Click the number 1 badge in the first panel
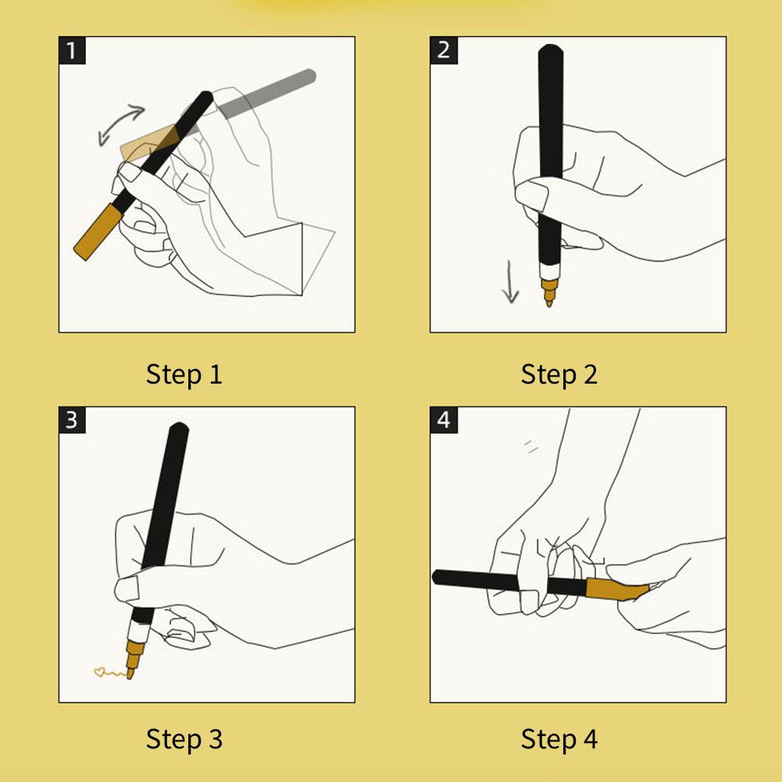pyautogui.click(x=72, y=50)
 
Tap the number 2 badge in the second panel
pyautogui.click(x=444, y=50)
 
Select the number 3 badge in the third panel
pyautogui.click(x=72, y=420)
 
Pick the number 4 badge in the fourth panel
pyautogui.click(x=444, y=420)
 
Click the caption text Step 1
pyautogui.click(x=184, y=374)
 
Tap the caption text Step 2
pyautogui.click(x=559, y=374)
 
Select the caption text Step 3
pyautogui.click(x=184, y=739)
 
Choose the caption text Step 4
pyautogui.click(x=559, y=739)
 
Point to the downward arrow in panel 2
pyautogui.click(x=510, y=282)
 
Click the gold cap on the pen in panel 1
pyautogui.click(x=98, y=232)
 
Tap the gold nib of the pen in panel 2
pyautogui.click(x=548, y=293)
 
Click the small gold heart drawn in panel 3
pyautogui.click(x=99, y=673)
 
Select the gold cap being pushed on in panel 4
pyautogui.click(x=617, y=590)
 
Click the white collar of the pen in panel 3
pyautogui.click(x=138, y=632)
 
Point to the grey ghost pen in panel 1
pyautogui.click(x=267, y=94)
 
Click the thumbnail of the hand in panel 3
pyautogui.click(x=127, y=588)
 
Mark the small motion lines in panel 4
pyautogui.click(x=531, y=446)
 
